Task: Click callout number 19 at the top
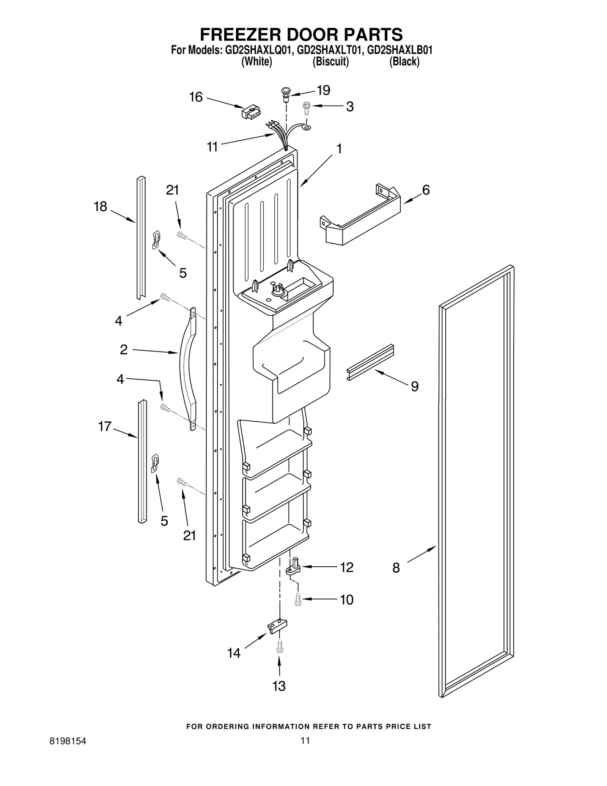coord(323,90)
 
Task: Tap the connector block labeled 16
coord(251,112)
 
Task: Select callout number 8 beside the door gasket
coord(396,568)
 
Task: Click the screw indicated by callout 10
coord(297,599)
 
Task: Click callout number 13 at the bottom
coord(279,686)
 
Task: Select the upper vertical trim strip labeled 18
coord(141,237)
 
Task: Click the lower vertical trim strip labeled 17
coord(142,461)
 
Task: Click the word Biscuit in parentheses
coord(330,61)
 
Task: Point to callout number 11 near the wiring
coord(212,146)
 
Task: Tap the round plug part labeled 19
coord(285,93)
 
